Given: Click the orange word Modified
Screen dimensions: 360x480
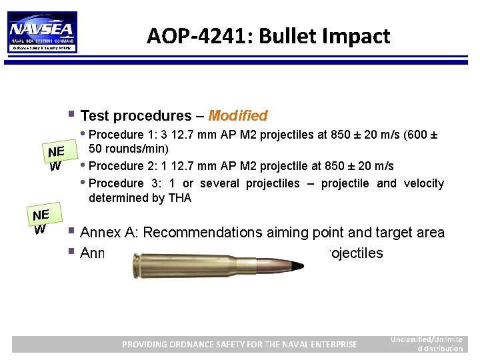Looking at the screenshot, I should click(x=237, y=116).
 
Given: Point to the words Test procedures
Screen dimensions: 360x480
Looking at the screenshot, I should click(x=141, y=116).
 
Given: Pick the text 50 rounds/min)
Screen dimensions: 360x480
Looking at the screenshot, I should click(x=129, y=148).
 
